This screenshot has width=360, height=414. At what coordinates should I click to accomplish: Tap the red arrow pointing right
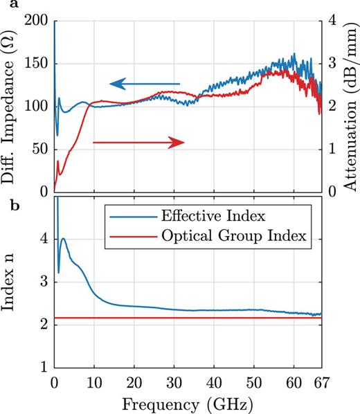(138, 142)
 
